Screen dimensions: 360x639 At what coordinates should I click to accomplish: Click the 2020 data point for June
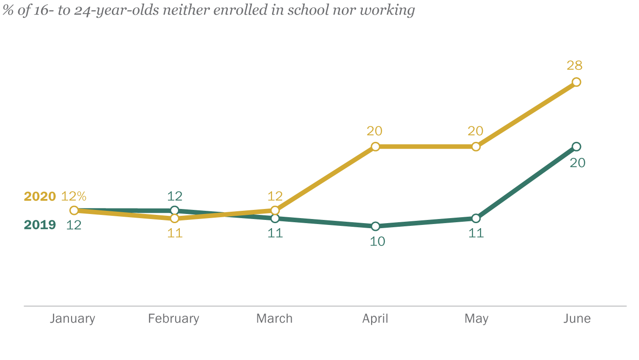(576, 82)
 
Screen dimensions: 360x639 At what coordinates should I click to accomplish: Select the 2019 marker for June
(576, 146)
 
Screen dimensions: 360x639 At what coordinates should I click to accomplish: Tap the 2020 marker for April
(375, 146)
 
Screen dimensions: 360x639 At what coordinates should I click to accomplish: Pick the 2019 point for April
(375, 226)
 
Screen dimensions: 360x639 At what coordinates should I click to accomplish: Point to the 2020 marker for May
(476, 146)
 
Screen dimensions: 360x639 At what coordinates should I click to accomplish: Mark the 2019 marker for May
(476, 219)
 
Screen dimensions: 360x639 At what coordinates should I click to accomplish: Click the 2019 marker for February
(174, 210)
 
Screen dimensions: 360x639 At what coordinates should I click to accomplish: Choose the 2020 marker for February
(174, 219)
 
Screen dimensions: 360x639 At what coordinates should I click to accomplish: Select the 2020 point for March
(275, 210)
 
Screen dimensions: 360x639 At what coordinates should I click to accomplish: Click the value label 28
(575, 66)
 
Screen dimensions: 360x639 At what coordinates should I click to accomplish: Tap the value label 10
(377, 241)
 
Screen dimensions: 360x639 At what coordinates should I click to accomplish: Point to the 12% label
(73, 196)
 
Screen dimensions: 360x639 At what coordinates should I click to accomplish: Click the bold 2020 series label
(40, 197)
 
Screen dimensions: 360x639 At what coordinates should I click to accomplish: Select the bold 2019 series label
(40, 224)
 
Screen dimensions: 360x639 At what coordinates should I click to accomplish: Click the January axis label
(73, 318)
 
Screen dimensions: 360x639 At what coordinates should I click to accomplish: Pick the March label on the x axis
(274, 318)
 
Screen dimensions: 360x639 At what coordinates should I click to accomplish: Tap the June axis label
(577, 318)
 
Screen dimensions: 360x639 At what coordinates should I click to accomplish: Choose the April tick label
(375, 318)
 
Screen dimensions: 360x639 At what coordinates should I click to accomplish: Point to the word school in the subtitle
(307, 10)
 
